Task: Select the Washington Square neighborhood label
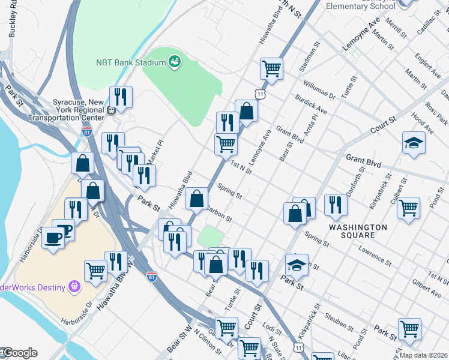tap(358, 231)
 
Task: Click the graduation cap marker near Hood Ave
tap(414, 143)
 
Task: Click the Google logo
tap(19, 353)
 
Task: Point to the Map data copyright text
tap(424, 355)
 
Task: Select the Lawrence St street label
tap(375, 255)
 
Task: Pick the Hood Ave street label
tap(424, 125)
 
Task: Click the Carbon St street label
tap(218, 215)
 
